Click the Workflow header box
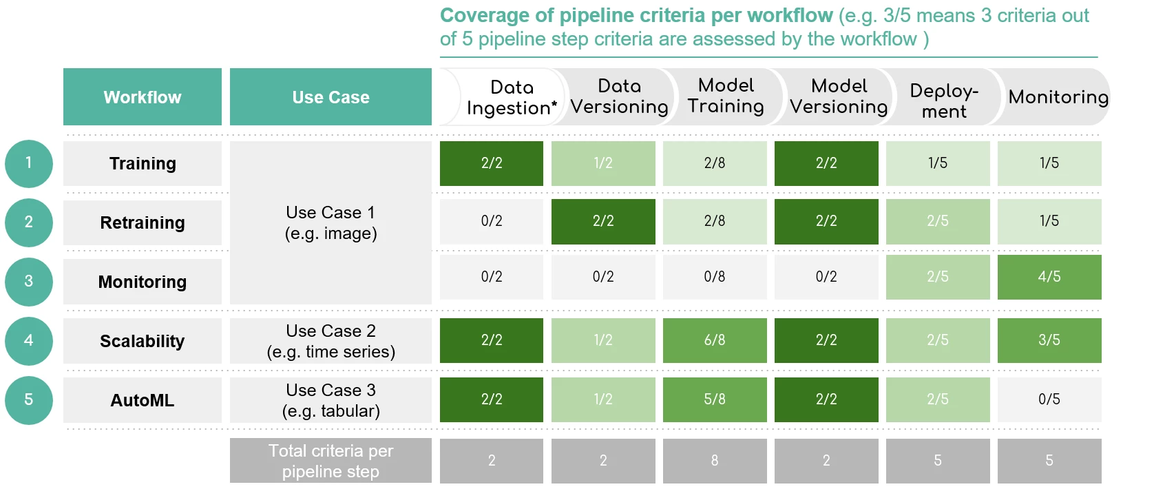pos(143,97)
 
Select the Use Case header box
pos(331,97)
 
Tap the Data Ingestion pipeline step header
pos(511,98)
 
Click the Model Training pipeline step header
pos(726,96)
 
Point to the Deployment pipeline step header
pos(943,101)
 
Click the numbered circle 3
pos(29,281)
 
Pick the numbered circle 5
pos(29,399)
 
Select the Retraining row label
pos(143,222)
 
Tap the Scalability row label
pos(143,341)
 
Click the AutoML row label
pos(143,400)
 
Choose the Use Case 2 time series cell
pos(331,341)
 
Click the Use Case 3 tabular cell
pos(331,400)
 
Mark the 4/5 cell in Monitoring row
pos(1049,277)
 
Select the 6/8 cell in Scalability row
pos(714,340)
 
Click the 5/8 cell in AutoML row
pos(714,399)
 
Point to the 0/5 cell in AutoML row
pos(1049,399)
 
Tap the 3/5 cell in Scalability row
pos(1049,340)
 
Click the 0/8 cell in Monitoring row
pos(714,277)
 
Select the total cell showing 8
pos(714,461)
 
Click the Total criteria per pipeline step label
pos(331,461)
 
